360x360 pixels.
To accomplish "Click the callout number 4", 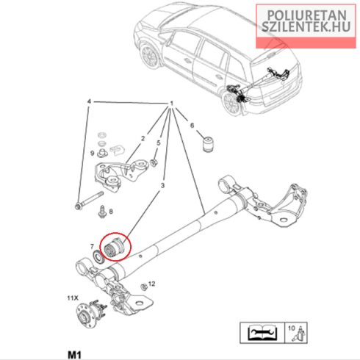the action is [89, 101].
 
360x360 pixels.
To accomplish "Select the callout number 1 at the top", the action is [172, 104].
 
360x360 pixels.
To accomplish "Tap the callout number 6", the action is [192, 126].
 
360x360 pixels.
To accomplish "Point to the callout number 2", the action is [143, 139].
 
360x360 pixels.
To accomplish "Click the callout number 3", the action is [162, 186].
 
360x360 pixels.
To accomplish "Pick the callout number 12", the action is [152, 284].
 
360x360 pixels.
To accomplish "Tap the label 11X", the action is [73, 298].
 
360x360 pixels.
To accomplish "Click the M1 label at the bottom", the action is [74, 355].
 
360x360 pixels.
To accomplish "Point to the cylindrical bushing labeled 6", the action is [209, 145].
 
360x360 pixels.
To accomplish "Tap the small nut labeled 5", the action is [154, 162].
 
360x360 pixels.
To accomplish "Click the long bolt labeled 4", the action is [89, 201].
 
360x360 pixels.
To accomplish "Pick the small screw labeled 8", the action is [102, 212].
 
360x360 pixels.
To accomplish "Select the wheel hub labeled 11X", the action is [91, 314].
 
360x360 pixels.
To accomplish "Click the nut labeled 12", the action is [144, 287].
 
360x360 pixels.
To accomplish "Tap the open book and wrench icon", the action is [262, 332].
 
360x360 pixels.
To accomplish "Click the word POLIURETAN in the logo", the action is [306, 15].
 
